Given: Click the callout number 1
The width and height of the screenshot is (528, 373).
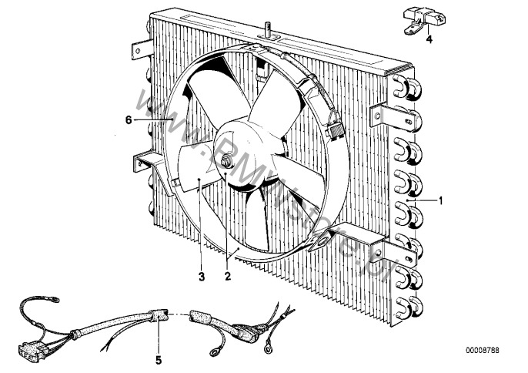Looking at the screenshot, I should pos(442,202).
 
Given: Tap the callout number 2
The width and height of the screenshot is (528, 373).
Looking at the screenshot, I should pos(228,275).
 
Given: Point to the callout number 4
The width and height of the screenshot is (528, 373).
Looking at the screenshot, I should pos(430,38).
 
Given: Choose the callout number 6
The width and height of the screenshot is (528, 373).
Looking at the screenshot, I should pos(129,119).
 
